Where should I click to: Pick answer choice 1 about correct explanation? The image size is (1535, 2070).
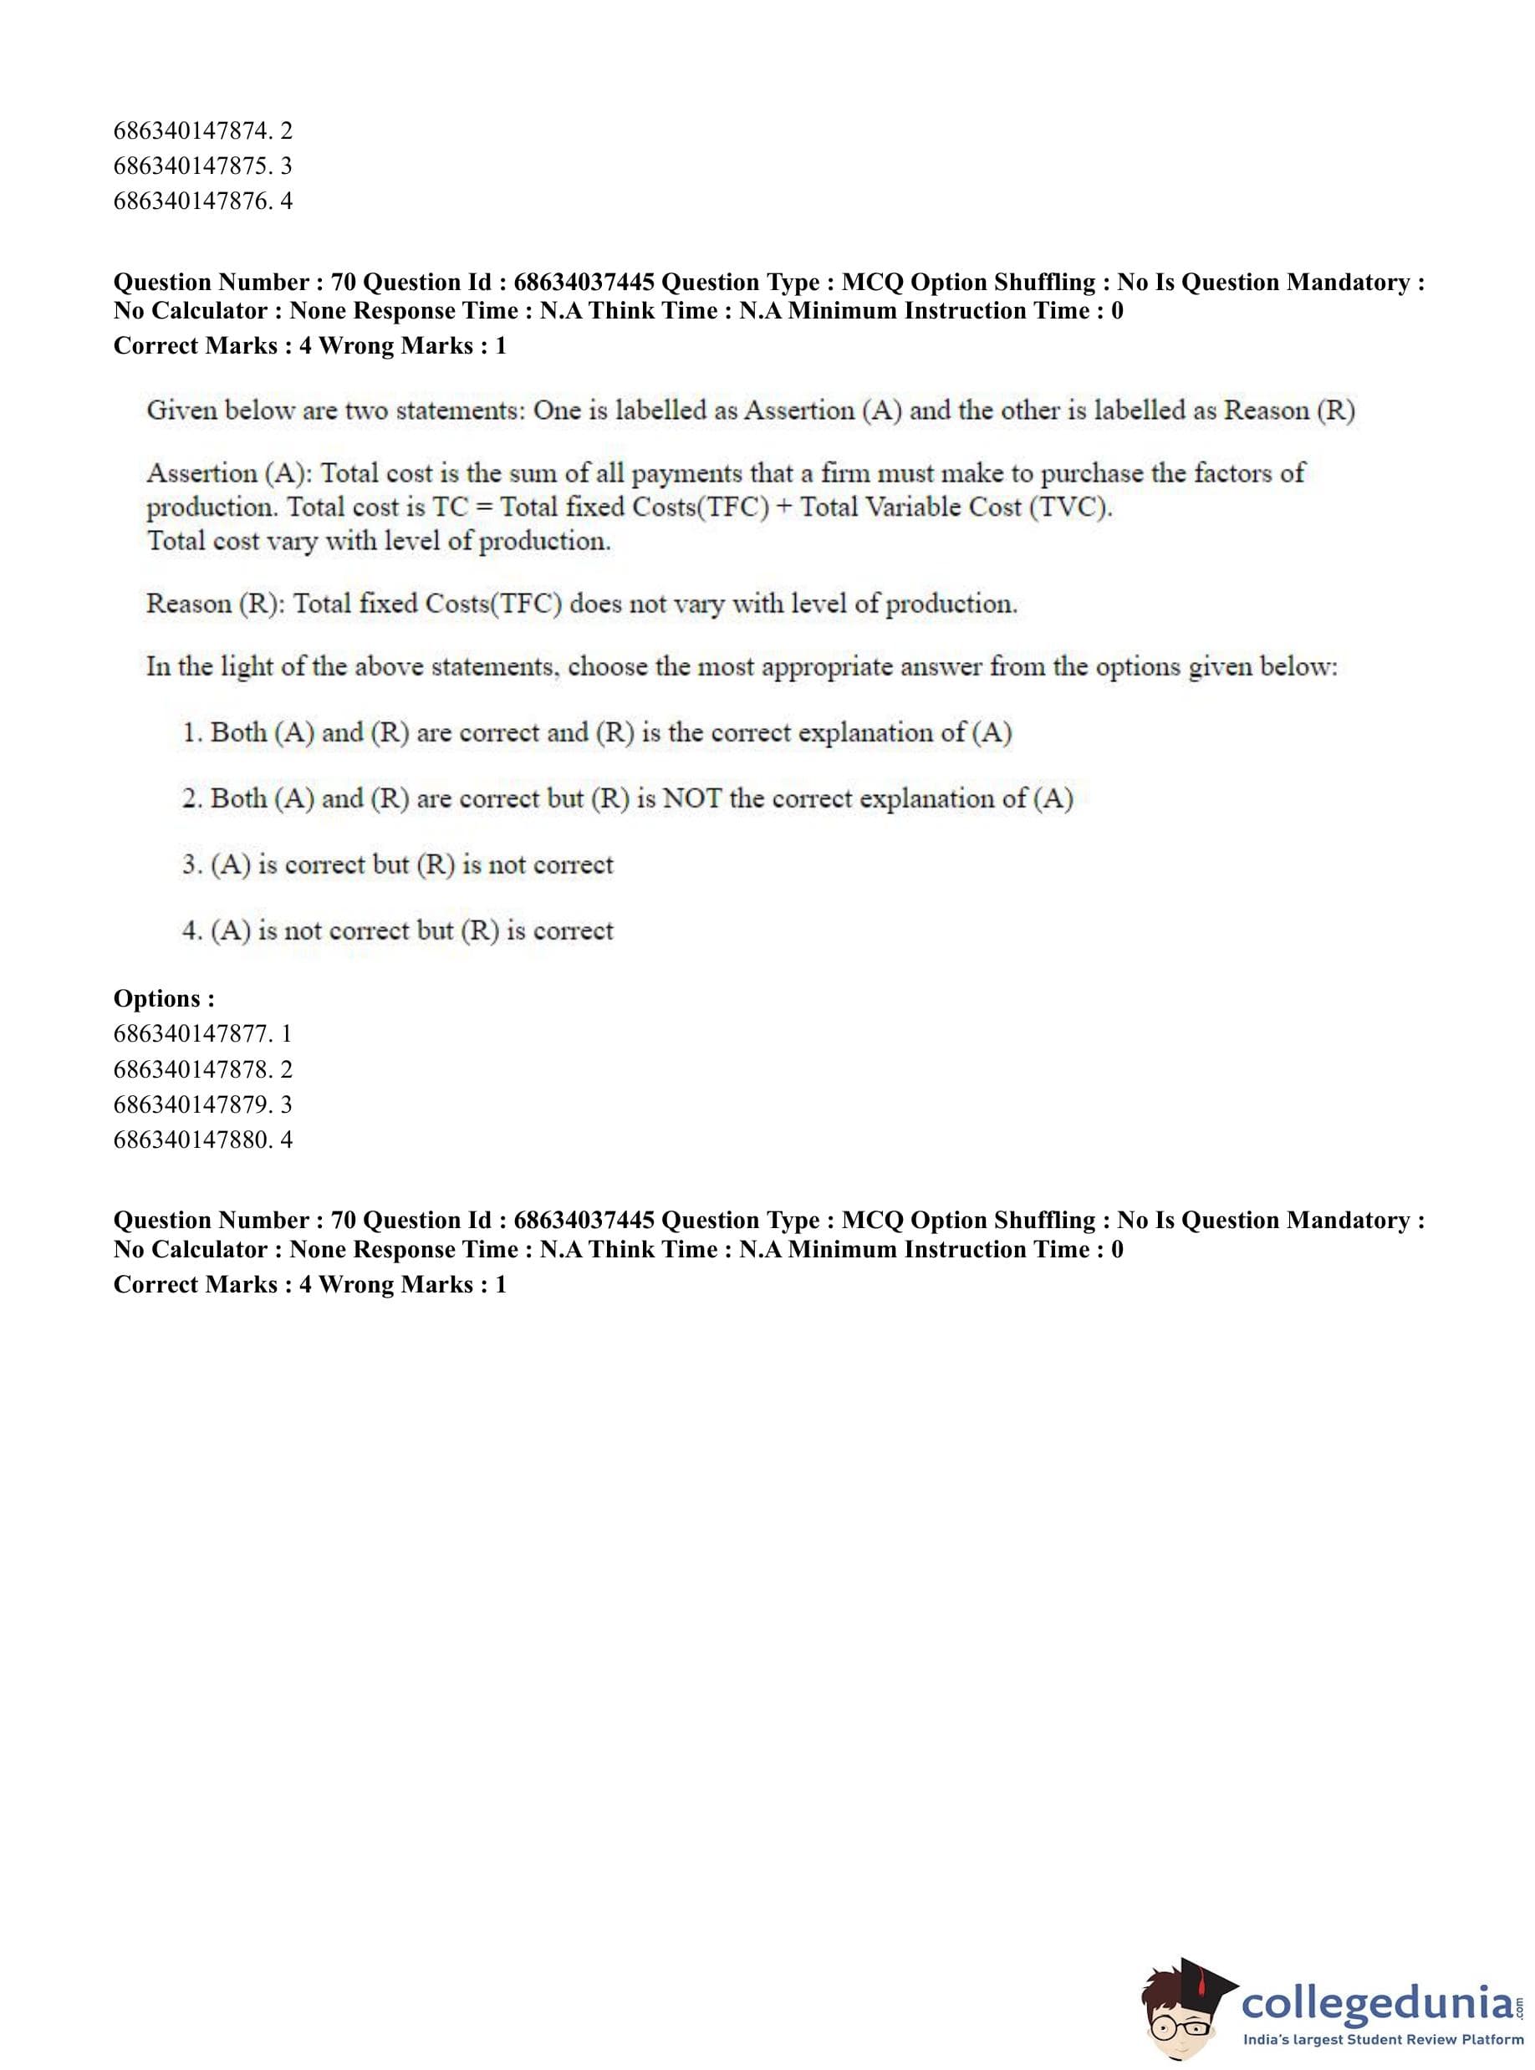597,733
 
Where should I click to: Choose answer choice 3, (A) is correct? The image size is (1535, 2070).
398,865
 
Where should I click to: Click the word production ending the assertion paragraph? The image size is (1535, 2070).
543,542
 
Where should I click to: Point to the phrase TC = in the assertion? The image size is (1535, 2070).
462,507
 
